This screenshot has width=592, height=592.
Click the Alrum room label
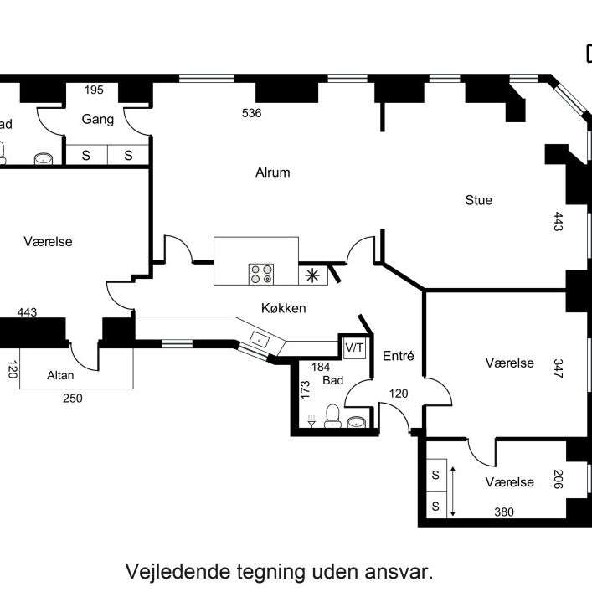tap(272, 173)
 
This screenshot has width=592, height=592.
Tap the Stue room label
tap(479, 200)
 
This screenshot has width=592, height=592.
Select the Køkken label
tap(283, 308)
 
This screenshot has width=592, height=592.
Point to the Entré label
tap(398, 355)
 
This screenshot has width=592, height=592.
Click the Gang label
tap(98, 120)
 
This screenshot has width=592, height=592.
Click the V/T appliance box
tap(355, 347)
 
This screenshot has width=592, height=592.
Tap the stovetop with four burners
tap(261, 273)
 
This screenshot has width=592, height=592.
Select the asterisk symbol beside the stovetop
tap(311, 274)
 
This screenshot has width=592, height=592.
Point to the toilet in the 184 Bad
tap(332, 414)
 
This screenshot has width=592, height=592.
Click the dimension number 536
tap(251, 113)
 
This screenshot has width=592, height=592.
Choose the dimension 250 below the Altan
tap(72, 399)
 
